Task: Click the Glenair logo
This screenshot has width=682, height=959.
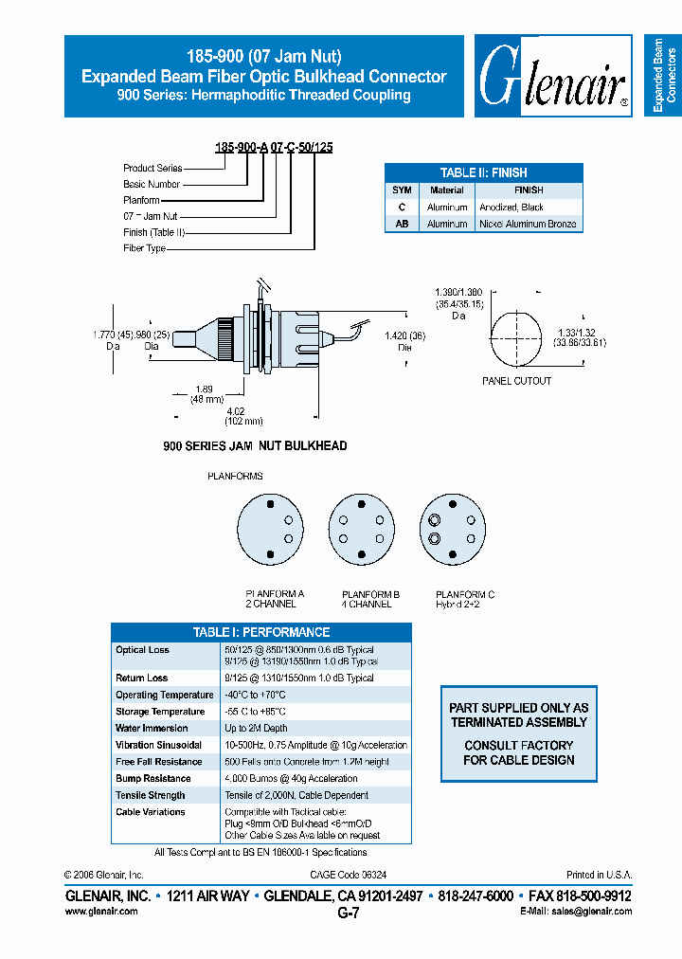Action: (x=554, y=78)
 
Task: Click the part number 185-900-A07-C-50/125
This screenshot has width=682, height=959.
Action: (x=274, y=148)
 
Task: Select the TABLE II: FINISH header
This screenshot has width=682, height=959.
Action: (x=483, y=172)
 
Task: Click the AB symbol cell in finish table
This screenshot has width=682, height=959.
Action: (x=402, y=224)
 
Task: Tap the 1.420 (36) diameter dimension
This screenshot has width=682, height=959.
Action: (x=404, y=341)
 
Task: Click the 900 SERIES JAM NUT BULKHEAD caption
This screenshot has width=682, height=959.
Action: (x=256, y=446)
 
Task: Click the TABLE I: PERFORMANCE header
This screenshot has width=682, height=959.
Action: (x=261, y=632)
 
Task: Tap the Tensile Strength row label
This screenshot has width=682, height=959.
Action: (x=150, y=795)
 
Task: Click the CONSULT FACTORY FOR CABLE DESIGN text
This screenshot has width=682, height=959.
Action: (x=518, y=752)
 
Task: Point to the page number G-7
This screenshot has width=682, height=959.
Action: (x=348, y=913)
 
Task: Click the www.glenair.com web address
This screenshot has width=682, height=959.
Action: (x=100, y=911)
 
